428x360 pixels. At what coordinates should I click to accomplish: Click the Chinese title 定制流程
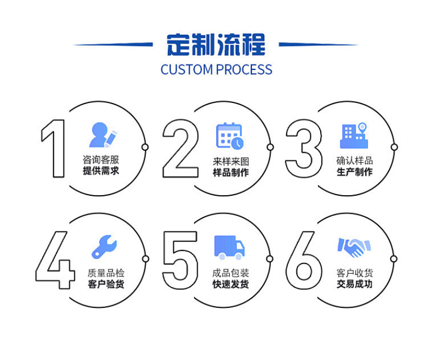(216, 44)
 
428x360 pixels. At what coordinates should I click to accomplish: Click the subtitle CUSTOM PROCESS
(216, 70)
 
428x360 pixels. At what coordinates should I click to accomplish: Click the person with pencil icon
(102, 135)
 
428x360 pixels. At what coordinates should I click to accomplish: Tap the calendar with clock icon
(230, 136)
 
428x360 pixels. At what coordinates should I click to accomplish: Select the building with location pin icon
(354, 136)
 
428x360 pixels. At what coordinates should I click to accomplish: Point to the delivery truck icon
(229, 247)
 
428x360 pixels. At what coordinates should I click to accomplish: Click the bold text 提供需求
(101, 171)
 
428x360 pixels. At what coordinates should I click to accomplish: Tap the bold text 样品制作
(231, 173)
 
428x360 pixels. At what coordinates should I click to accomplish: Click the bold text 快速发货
(231, 284)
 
